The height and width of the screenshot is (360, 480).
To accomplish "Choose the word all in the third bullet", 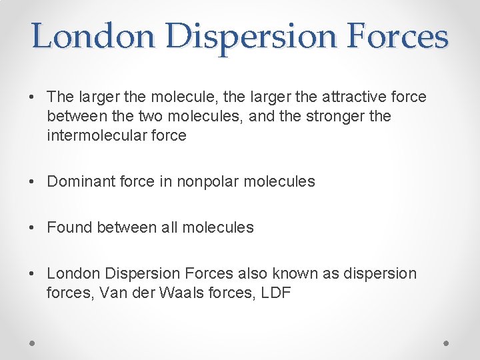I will coord(169,227).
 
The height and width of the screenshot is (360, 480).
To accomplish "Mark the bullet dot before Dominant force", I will coord(33,181).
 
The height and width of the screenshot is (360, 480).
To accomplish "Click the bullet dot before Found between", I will coord(33,227).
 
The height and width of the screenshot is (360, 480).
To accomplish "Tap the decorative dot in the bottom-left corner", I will coord(33,343).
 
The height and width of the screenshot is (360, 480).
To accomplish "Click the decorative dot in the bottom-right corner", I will coord(447,343).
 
